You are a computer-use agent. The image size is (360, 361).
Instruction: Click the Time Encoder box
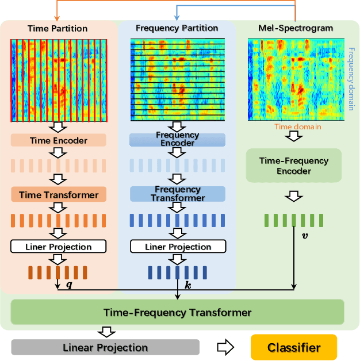click(58, 140)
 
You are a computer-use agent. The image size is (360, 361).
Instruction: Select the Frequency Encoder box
click(177, 140)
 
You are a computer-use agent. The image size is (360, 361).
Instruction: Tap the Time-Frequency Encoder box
click(293, 166)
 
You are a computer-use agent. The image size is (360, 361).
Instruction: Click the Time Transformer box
click(58, 195)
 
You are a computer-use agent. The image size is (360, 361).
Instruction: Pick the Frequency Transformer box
click(177, 194)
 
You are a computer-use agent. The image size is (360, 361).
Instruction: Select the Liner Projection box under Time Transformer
click(58, 247)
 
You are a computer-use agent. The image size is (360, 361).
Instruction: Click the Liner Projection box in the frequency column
click(177, 247)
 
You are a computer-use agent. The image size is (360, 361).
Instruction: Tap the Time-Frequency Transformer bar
click(177, 313)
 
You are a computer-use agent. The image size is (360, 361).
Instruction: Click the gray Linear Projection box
click(105, 347)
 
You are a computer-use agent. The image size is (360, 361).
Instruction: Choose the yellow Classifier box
click(294, 348)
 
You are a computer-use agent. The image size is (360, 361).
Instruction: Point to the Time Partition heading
click(58, 28)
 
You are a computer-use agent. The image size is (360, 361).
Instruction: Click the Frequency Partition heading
click(177, 28)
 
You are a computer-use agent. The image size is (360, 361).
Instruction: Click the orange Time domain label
click(297, 126)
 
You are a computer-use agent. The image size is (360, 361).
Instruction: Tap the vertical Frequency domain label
click(352, 77)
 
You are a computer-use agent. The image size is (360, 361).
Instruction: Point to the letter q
click(70, 283)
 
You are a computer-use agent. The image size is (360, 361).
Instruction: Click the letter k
click(187, 284)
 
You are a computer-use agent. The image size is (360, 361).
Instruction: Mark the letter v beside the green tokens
click(304, 235)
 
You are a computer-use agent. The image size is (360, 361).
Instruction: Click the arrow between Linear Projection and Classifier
click(225, 347)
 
